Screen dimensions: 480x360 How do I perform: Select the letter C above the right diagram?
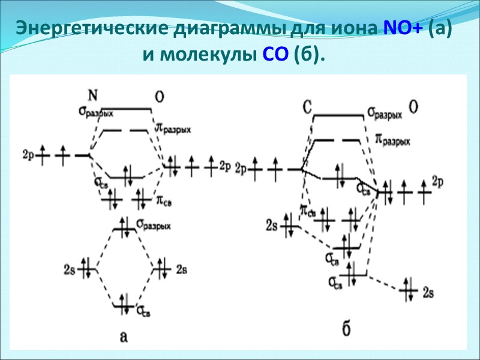point(306,107)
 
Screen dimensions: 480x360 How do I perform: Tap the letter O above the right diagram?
point(414,107)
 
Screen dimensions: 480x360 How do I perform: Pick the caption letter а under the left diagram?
point(124,337)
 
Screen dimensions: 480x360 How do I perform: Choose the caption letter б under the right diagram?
point(346,329)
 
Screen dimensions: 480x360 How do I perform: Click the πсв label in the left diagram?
point(163,198)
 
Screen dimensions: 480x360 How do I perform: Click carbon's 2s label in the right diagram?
point(271,226)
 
